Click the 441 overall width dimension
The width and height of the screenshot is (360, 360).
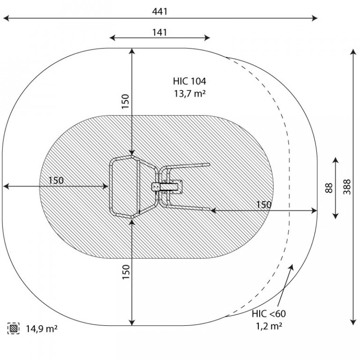tap(159, 11)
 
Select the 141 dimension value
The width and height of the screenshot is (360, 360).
tap(159, 32)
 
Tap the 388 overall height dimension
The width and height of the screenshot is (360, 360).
tap(347, 187)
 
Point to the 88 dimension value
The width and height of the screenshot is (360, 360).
tap(329, 188)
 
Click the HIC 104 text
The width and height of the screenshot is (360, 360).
tap(189, 81)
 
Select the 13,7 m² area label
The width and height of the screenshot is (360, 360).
tap(189, 93)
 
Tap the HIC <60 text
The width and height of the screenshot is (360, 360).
tap(269, 314)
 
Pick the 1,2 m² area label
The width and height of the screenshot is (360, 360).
tap(269, 326)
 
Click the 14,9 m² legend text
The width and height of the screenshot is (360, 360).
tap(42, 329)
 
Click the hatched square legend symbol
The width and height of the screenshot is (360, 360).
tap(13, 328)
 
